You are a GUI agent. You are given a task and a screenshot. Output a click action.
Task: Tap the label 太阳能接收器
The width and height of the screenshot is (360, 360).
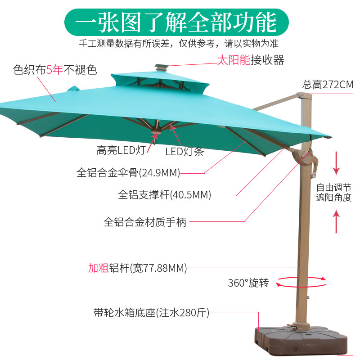[250, 59]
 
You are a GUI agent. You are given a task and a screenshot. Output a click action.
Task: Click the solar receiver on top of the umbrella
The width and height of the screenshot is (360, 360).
[161, 67]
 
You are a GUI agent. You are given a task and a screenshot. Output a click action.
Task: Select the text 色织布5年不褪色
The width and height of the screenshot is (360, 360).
[55, 70]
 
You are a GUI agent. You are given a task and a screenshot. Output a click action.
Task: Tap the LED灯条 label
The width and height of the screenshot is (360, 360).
[184, 152]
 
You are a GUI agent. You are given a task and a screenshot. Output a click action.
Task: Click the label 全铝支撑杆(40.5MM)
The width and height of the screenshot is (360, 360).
[164, 195]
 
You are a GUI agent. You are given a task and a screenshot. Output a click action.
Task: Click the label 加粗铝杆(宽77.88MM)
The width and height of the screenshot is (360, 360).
[137, 268]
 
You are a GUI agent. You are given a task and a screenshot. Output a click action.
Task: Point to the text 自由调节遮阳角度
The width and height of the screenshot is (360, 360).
[333, 193]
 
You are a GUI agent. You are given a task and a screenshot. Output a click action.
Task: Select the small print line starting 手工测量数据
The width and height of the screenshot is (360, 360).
[178, 44]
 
